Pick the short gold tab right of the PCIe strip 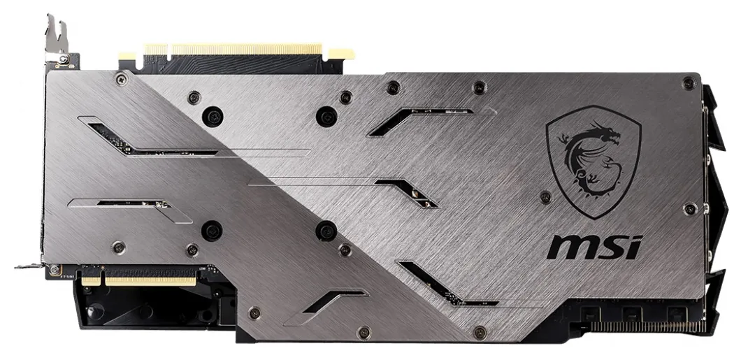coord(340,53)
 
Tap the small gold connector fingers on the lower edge coord(138,281)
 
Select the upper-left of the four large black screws coord(213,115)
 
